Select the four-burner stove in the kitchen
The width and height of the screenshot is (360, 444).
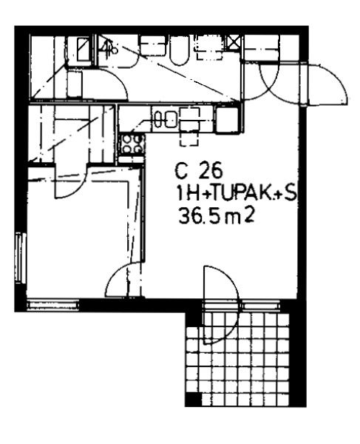click(x=132, y=144)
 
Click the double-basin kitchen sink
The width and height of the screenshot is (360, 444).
click(x=166, y=119)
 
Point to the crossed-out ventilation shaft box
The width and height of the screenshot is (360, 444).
click(x=234, y=43)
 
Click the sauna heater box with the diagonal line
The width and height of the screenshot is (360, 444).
click(x=84, y=50)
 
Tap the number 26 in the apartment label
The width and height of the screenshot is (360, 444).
click(x=211, y=171)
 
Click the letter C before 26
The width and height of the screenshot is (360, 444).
click(x=181, y=172)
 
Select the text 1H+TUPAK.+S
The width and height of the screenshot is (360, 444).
click(x=235, y=194)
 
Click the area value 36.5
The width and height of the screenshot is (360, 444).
click(x=199, y=218)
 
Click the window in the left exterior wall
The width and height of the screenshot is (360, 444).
click(x=21, y=258)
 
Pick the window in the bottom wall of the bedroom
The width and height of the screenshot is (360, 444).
click(x=53, y=305)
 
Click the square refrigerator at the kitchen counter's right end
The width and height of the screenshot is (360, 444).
click(x=227, y=119)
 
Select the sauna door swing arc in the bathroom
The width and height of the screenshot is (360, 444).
click(x=113, y=82)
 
